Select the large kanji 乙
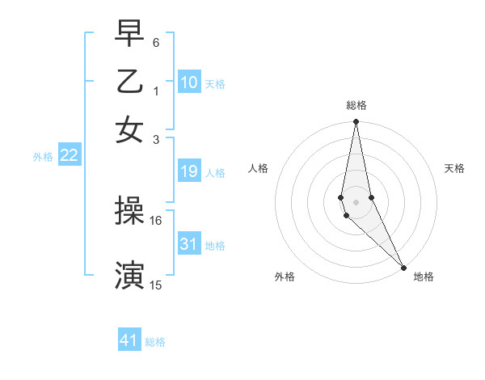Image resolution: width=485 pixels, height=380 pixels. point(129,81)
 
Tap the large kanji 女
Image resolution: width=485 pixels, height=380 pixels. point(129,129)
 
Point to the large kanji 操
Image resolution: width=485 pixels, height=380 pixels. point(129,212)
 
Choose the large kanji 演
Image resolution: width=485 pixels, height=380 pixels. point(129,275)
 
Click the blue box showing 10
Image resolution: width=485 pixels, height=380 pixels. point(189,82)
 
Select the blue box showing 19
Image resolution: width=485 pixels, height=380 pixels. point(189,171)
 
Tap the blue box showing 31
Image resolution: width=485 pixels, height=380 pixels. point(189,244)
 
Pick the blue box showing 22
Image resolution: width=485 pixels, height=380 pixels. point(69,156)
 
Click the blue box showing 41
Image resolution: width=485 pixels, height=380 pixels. point(129,340)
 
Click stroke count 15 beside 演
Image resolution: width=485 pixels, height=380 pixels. point(156,285)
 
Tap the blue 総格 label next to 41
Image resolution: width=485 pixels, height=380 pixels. point(155,342)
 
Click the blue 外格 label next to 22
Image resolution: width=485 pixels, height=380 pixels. point(43,157)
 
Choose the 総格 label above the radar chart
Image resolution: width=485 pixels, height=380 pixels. point(356,105)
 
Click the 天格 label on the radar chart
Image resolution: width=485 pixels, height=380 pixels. point(454,168)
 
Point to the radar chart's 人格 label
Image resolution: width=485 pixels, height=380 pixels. point(258,168)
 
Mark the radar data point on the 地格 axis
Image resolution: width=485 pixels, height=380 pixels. point(403,267)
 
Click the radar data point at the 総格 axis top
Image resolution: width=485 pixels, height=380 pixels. point(356,122)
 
